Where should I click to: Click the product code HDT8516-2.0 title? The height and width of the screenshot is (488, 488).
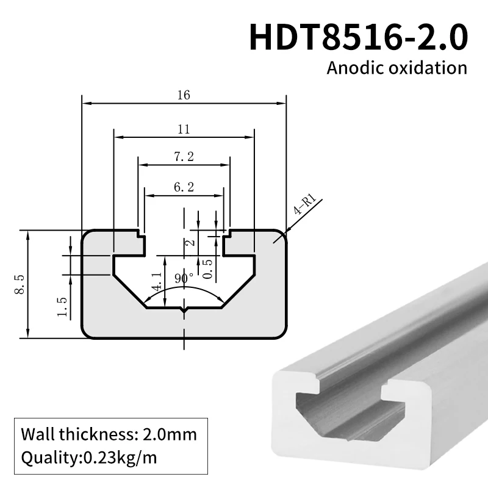coord(359,37)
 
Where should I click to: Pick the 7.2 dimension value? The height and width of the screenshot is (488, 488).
coord(184,157)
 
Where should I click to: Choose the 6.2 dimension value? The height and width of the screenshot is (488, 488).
coord(184,188)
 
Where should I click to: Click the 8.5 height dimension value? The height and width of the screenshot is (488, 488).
coord(18,284)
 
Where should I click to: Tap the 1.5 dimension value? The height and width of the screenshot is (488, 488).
coord(62,307)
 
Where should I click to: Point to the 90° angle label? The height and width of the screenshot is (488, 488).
coord(184,278)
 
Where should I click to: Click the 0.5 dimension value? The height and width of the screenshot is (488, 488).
coord(207,269)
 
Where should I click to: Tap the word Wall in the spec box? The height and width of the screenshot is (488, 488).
coord(36,435)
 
